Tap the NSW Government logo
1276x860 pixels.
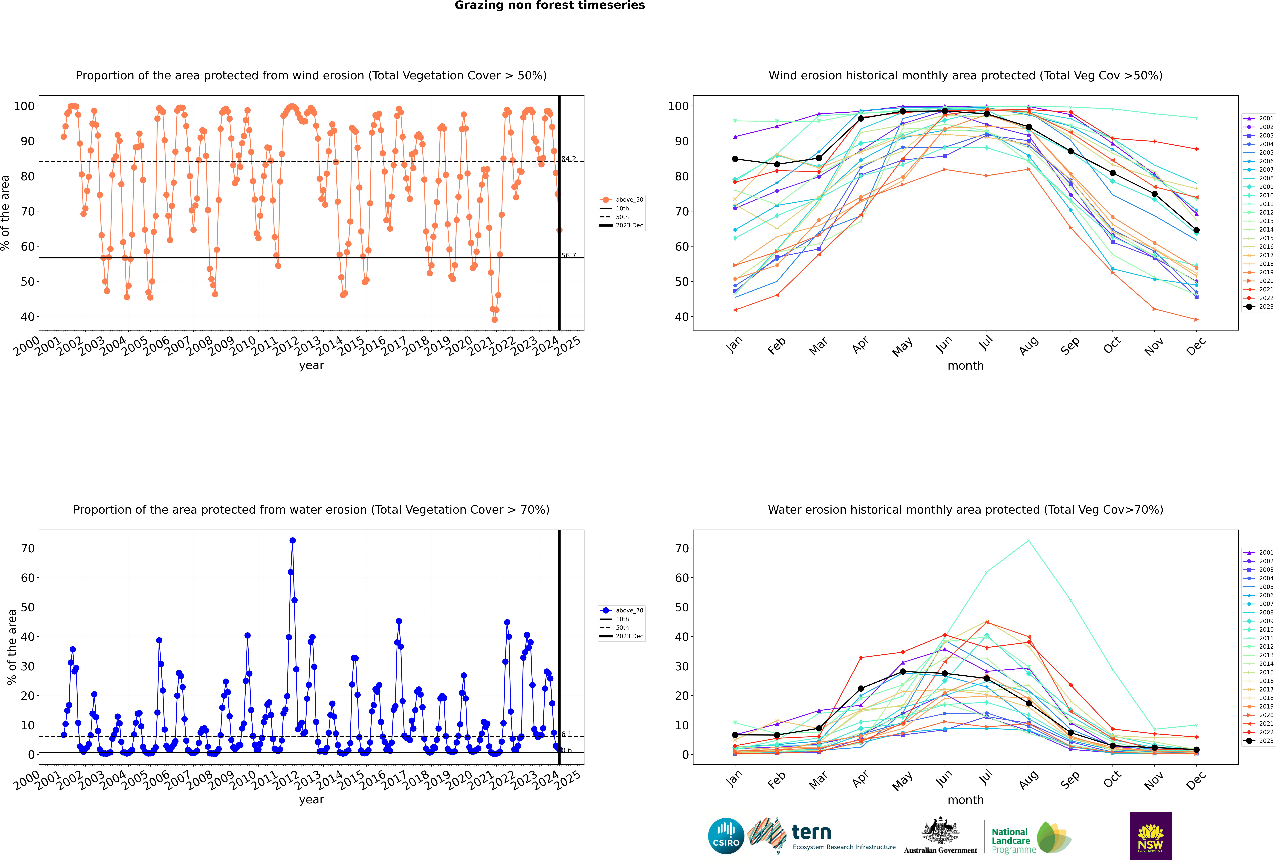(x=1150, y=835)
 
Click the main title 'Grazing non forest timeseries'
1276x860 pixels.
(x=550, y=5)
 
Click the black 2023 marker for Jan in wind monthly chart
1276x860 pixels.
(x=735, y=159)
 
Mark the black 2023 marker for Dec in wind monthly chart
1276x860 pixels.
(x=1196, y=230)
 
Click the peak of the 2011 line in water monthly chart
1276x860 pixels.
(x=1029, y=541)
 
